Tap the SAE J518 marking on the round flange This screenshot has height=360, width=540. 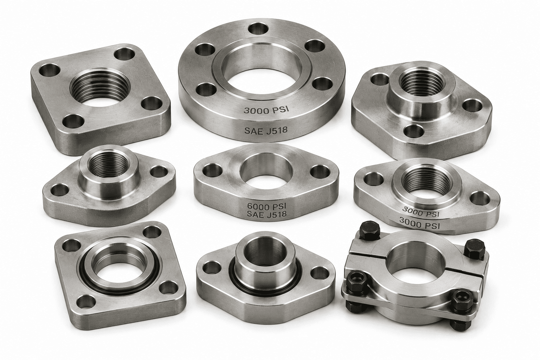coord(266,130)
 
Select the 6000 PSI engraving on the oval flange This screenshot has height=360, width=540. coord(266,206)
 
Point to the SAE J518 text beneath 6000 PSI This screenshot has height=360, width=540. coord(266,214)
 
